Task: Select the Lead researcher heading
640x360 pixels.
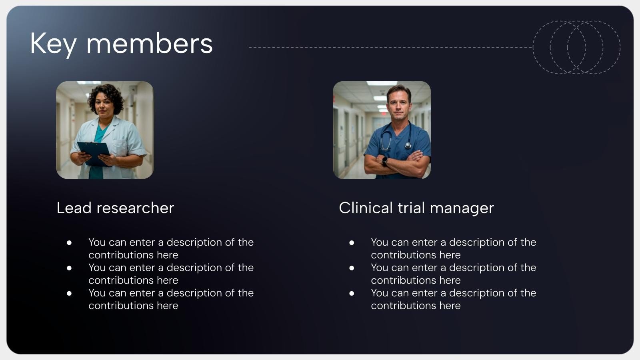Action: tap(116, 208)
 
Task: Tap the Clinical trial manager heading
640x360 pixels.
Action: tap(416, 208)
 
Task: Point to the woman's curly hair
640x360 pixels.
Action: tap(106, 96)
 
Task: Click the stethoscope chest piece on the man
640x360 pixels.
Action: tap(408, 146)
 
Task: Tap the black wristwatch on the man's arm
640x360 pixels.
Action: tap(385, 160)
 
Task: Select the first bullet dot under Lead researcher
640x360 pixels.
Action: tap(69, 243)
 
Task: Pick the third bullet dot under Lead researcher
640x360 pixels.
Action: tap(69, 294)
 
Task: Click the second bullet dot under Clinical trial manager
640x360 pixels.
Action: tap(352, 268)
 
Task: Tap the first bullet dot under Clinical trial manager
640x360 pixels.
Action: tap(352, 243)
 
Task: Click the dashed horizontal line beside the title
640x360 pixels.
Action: tap(391, 47)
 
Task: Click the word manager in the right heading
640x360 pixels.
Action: tap(462, 209)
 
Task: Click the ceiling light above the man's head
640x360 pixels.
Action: tap(382, 84)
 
